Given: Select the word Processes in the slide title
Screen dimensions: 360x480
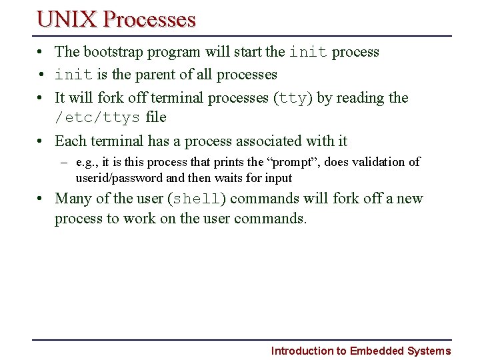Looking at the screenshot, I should click(149, 19).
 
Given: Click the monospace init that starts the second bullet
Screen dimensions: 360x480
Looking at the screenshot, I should click(73, 75).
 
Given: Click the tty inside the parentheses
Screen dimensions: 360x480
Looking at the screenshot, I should click(291, 98).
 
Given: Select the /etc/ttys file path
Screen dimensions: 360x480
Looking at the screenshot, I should click(97, 118).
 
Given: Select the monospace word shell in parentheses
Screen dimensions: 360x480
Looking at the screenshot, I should click(196, 199).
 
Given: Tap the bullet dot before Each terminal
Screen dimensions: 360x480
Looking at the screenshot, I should click(41, 141).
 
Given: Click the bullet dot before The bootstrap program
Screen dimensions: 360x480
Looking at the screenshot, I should click(41, 52).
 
